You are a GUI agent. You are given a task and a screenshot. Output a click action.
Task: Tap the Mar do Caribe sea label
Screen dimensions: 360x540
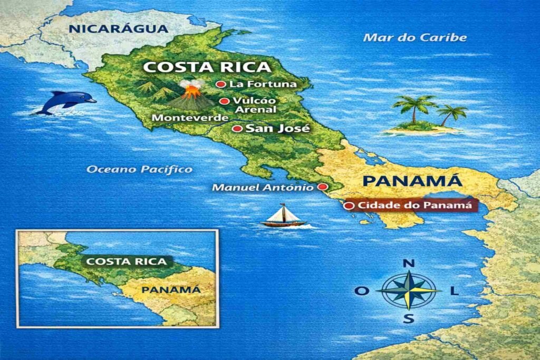(x=416, y=37)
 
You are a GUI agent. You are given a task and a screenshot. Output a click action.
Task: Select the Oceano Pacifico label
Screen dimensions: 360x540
(x=139, y=169)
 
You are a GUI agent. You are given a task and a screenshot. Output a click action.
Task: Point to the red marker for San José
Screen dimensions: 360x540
(x=237, y=129)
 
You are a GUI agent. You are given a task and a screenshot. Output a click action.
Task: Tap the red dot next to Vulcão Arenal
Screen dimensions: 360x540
(x=224, y=101)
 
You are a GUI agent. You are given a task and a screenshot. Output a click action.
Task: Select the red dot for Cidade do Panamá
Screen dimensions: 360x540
(x=348, y=206)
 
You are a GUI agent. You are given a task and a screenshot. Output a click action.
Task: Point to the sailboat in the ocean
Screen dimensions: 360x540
(x=283, y=216)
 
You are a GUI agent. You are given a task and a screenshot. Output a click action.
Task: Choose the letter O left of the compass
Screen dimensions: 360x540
(x=361, y=291)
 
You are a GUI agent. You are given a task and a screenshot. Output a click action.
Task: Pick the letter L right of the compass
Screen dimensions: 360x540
(x=455, y=291)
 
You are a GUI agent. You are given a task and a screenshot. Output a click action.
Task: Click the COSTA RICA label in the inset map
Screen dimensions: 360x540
(x=126, y=261)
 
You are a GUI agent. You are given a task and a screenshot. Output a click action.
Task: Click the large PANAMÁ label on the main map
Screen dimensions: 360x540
(x=412, y=181)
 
